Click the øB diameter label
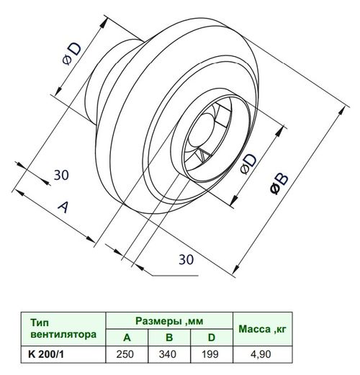pyautogui.click(x=279, y=183)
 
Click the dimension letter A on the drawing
pyautogui.click(x=63, y=207)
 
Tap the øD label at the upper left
pyautogui.click(x=72, y=54)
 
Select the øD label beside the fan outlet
pyautogui.click(x=249, y=163)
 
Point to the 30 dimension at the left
pyautogui.click(x=61, y=175)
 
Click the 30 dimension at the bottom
pyautogui.click(x=186, y=259)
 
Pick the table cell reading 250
pyautogui.click(x=125, y=354)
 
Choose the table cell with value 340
pyautogui.click(x=168, y=354)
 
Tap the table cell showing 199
pyautogui.click(x=210, y=354)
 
